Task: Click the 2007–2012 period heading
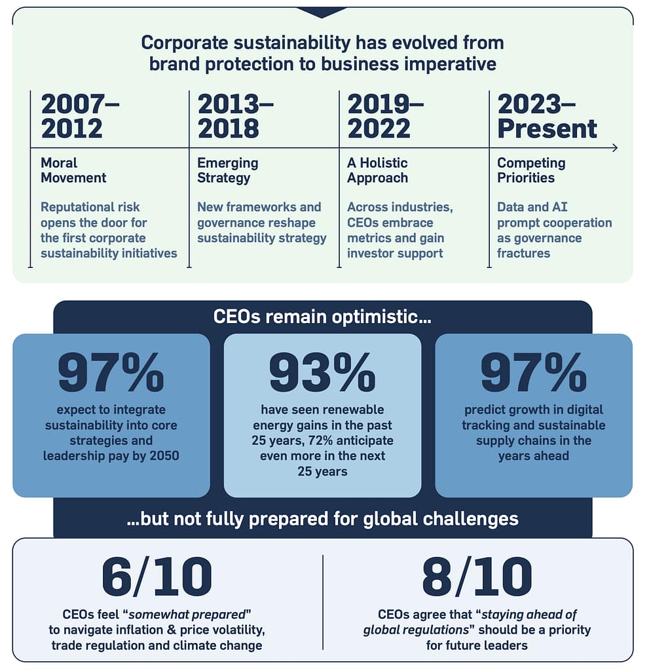click(x=80, y=116)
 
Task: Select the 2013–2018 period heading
click(x=235, y=116)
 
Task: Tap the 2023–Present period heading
click(x=547, y=116)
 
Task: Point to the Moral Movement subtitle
click(x=73, y=170)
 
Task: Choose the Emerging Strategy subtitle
click(x=228, y=170)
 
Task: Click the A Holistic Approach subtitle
click(x=377, y=170)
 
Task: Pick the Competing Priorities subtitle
click(x=531, y=170)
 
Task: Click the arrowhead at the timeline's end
click(x=614, y=147)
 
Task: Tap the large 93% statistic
click(x=322, y=374)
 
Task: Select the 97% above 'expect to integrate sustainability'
click(x=111, y=374)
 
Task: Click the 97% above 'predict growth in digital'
click(x=534, y=374)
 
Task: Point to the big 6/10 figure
click(x=157, y=577)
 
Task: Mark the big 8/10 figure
click(x=477, y=577)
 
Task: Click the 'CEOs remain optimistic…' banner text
click(x=323, y=316)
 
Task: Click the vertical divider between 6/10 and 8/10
click(x=323, y=602)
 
